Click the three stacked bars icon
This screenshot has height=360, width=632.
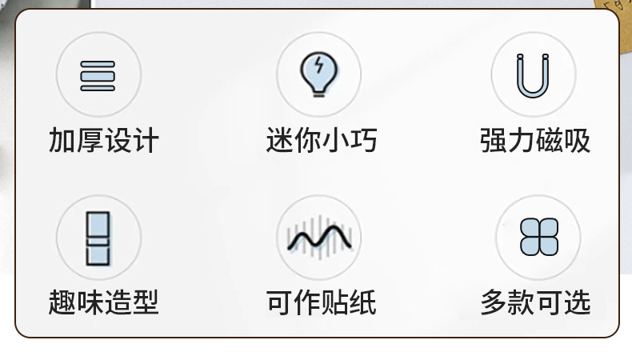(x=98, y=75)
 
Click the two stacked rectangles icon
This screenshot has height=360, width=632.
(x=98, y=238)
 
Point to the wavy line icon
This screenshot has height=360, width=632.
(x=318, y=238)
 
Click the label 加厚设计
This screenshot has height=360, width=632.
(x=104, y=141)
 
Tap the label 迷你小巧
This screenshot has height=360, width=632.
(x=321, y=141)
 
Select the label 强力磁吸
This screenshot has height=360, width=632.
(x=535, y=141)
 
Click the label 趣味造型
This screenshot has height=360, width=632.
(x=104, y=302)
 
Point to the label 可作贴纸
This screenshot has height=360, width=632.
(x=321, y=302)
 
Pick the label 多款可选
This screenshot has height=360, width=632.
(x=535, y=302)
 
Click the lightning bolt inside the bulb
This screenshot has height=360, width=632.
(x=319, y=66)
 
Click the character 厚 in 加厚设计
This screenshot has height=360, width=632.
(x=90, y=141)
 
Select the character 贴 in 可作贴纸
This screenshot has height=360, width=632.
(x=335, y=302)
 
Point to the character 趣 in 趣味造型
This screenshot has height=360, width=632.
(x=62, y=302)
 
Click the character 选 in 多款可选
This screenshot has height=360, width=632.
(x=577, y=302)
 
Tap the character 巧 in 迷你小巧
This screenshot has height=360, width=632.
(x=363, y=141)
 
